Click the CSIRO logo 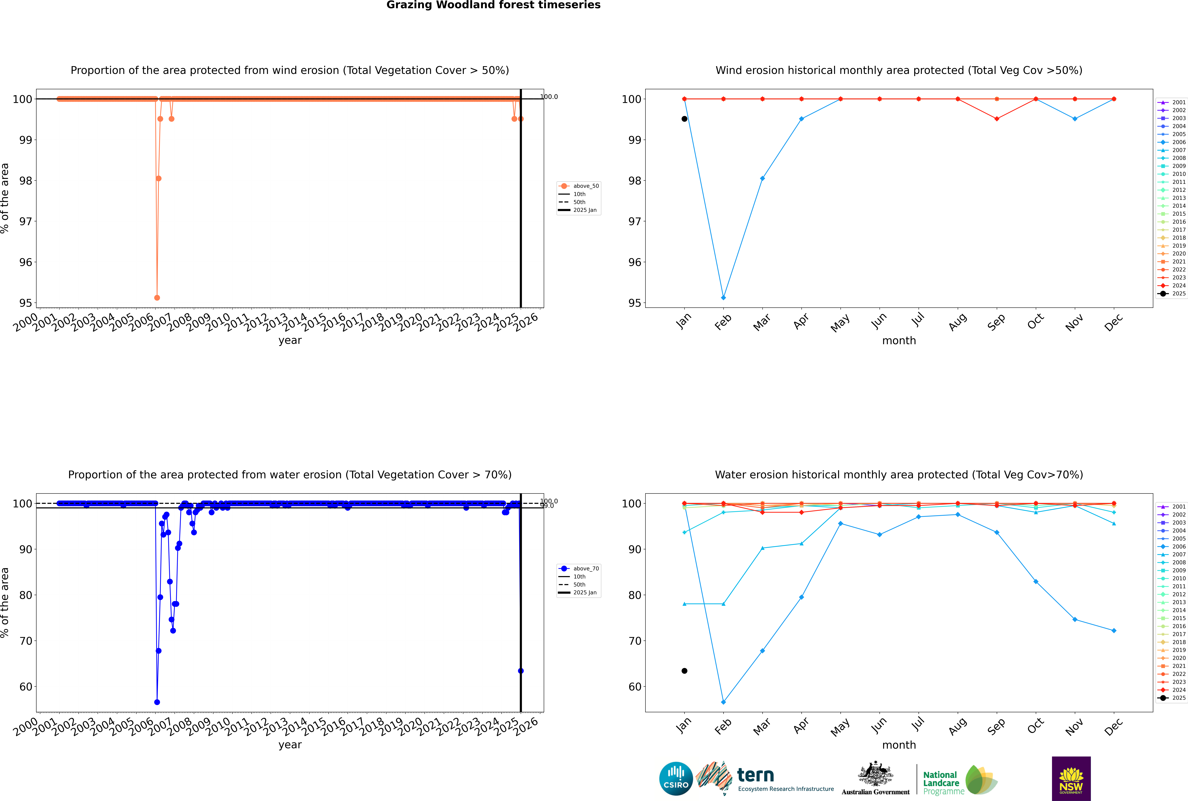[x=676, y=779]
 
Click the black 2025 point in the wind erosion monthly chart [x=684, y=119]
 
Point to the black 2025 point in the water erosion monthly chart [x=684, y=671]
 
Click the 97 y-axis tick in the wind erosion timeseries [x=25, y=221]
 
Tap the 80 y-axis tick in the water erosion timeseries [x=25, y=595]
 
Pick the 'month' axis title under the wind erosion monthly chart [x=899, y=341]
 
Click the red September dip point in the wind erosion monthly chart [x=996, y=119]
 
